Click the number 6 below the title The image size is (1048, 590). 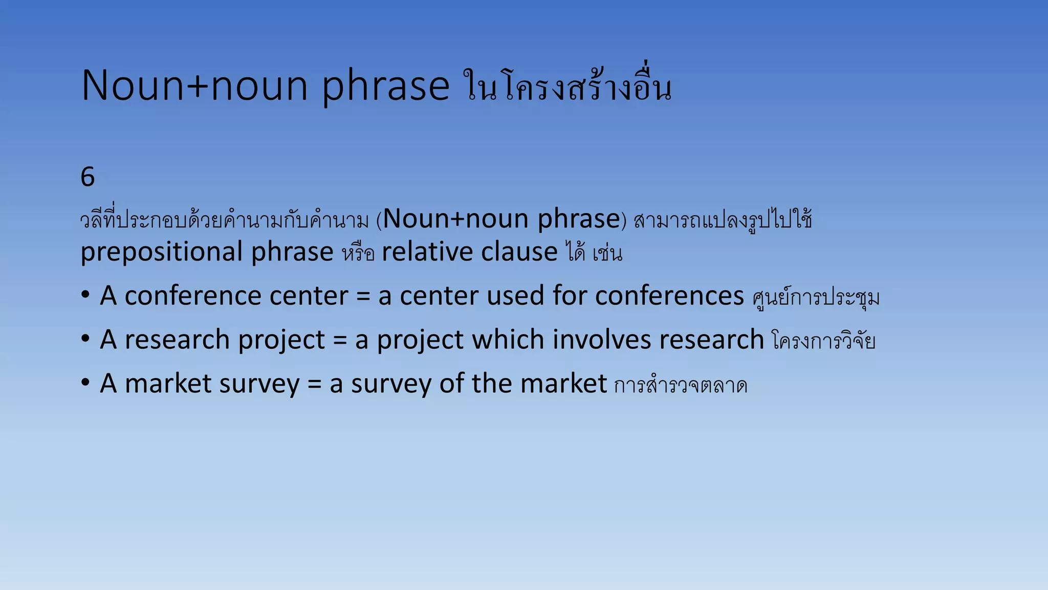point(88,177)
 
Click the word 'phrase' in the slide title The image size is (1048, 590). point(385,86)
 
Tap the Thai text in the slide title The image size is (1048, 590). point(567,86)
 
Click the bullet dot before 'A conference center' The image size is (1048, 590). point(85,295)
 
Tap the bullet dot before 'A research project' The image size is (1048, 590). point(85,339)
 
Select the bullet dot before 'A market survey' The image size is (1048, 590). point(85,383)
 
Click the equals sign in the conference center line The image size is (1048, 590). point(363,297)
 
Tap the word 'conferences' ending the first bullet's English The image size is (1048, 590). point(669,296)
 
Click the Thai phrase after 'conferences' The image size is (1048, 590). point(816,298)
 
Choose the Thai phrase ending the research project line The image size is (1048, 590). point(823,341)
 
